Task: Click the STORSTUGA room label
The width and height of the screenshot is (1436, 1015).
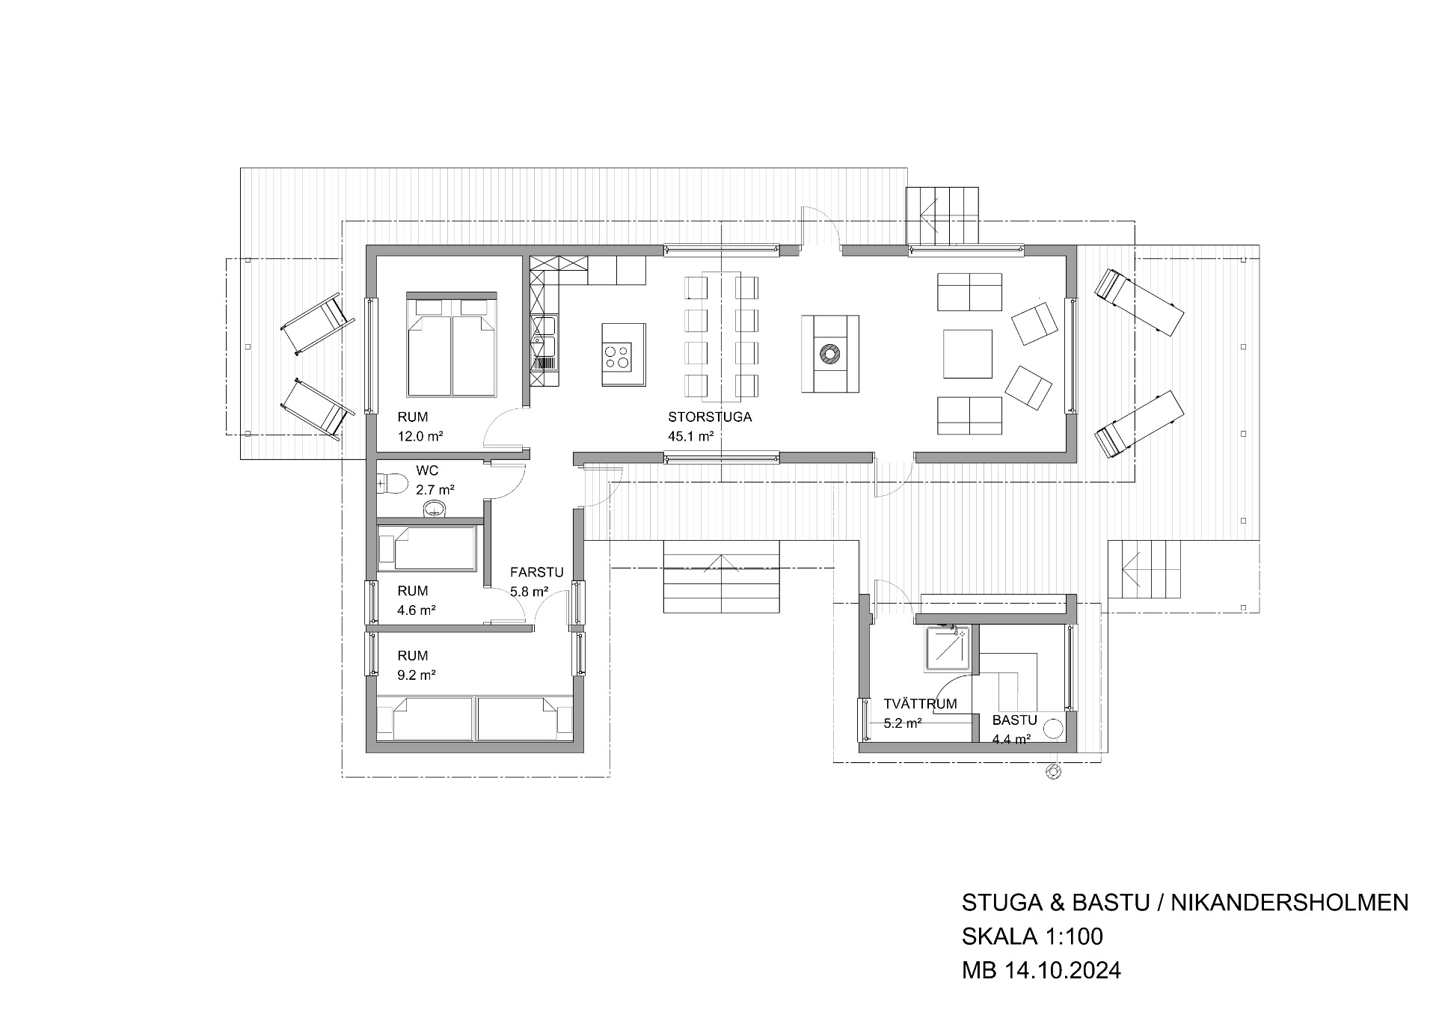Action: (x=710, y=417)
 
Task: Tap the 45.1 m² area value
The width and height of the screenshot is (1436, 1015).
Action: (x=690, y=437)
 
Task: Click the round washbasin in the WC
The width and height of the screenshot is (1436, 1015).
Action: (x=435, y=510)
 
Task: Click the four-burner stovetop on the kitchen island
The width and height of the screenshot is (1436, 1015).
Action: (x=618, y=355)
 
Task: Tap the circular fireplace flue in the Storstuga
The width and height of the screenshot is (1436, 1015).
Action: (x=829, y=354)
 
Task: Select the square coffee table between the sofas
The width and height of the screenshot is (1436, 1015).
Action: (x=968, y=354)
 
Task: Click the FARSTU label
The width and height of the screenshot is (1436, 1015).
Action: (x=536, y=573)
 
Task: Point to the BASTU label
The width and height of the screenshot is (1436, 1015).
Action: (x=1014, y=721)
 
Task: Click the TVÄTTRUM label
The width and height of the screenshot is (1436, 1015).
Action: (x=920, y=705)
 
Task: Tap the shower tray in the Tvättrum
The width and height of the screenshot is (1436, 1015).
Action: (x=949, y=648)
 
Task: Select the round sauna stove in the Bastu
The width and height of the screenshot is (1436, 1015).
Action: (x=1055, y=730)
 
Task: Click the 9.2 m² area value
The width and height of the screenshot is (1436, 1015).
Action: (x=417, y=675)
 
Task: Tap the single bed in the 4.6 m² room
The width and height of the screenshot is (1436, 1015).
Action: (x=427, y=548)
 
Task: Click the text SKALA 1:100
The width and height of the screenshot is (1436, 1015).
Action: (x=1032, y=936)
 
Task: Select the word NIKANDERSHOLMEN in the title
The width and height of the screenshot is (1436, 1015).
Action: (x=1289, y=903)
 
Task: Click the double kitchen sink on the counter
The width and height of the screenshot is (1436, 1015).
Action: (x=544, y=335)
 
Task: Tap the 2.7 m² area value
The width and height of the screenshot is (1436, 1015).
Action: (x=435, y=491)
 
